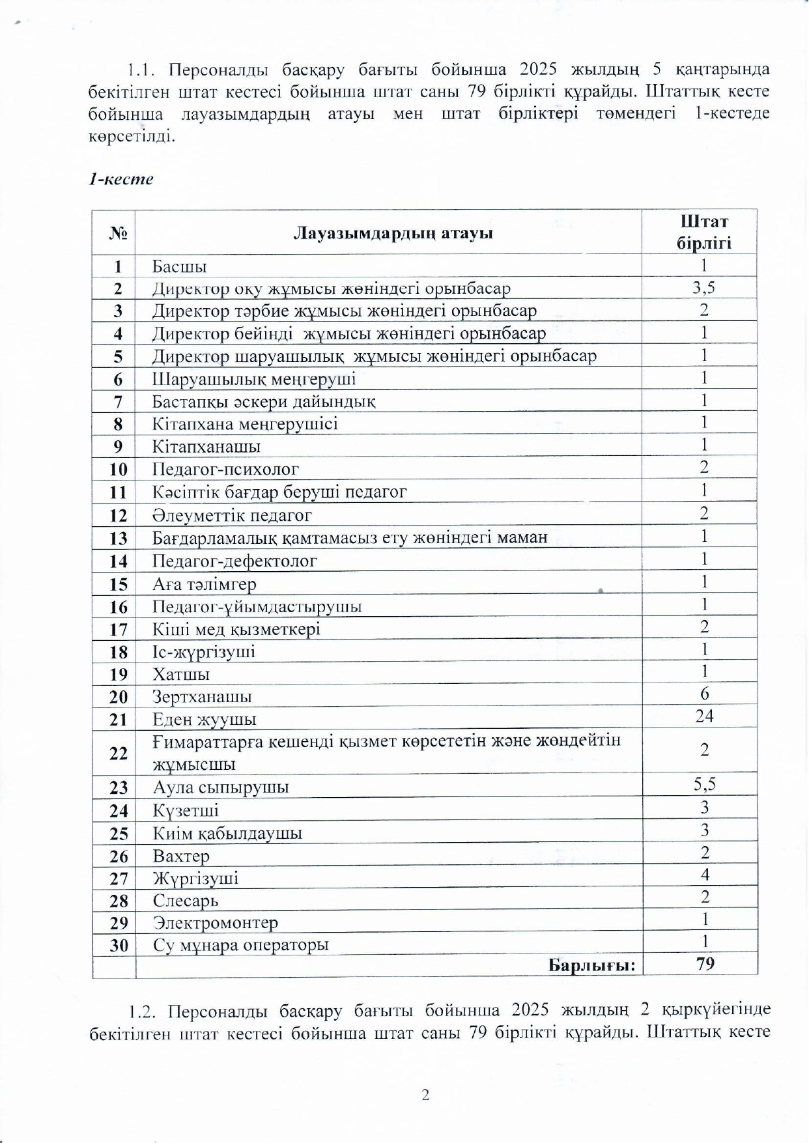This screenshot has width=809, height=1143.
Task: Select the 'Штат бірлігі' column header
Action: click(704, 232)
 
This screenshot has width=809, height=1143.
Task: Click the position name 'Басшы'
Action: click(180, 266)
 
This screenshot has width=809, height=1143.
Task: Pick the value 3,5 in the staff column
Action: click(704, 287)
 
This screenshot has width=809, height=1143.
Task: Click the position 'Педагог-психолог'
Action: click(225, 469)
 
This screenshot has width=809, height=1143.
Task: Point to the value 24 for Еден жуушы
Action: click(704, 716)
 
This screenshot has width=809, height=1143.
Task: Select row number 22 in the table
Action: click(119, 753)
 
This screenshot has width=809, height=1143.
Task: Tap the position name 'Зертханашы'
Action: click(202, 697)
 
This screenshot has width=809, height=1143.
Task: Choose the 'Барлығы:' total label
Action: click(591, 965)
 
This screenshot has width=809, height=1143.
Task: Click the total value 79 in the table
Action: click(705, 964)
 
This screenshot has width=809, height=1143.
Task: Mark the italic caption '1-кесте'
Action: click(121, 179)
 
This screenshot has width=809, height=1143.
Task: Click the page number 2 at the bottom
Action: click(425, 1095)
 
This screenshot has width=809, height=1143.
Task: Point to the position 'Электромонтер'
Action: click(215, 923)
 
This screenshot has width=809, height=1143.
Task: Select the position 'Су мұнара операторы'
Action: click(240, 945)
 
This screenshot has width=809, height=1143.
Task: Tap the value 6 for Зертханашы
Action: click(704, 694)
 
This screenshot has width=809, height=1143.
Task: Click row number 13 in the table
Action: click(119, 539)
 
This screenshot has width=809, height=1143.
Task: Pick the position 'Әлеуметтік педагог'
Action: click(232, 515)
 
